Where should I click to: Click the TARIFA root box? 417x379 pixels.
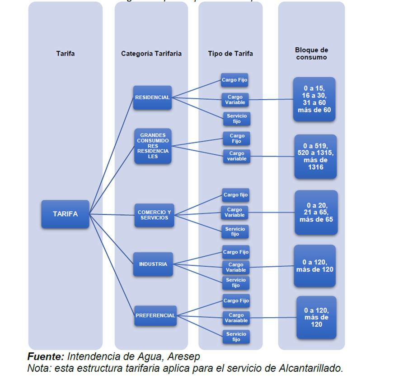coord(65,214)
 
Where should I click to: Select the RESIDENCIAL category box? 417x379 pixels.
coord(152,97)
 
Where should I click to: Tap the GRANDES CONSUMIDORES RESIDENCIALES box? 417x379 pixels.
coord(153,146)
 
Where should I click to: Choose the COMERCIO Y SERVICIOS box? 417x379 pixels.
coord(154,215)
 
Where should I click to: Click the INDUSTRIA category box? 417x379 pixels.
coord(153,264)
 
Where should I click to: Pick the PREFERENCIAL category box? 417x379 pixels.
coord(155,316)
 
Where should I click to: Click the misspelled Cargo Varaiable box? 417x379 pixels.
coord(236,318)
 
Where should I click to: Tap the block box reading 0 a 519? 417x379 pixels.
coord(315,156)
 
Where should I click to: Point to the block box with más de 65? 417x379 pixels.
coord(316,213)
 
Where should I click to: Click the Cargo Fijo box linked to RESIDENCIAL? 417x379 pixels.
coord(234,80)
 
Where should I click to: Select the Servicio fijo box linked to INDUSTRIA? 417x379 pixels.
coord(236,283)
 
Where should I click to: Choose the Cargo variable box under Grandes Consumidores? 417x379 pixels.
coord(237,156)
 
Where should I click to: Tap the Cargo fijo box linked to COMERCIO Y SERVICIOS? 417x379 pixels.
coord(235,195)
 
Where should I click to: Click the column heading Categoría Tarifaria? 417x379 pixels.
coord(151,54)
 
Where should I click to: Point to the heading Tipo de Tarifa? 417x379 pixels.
coord(230,54)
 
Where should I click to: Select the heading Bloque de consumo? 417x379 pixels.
coord(311,54)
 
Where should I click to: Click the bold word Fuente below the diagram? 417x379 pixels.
coord(45,356)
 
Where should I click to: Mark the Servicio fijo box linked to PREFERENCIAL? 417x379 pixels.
coord(236,337)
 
